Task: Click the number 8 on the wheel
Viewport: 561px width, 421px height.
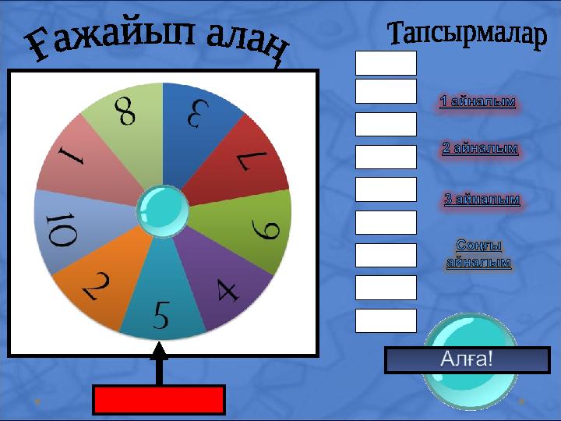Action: pos(125,111)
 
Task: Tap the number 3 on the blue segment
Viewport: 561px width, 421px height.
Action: pos(198,114)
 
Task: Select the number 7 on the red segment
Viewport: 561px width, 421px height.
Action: pos(252,160)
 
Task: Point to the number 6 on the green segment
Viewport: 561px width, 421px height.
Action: pos(265,230)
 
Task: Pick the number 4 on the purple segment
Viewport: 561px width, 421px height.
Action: pos(228,290)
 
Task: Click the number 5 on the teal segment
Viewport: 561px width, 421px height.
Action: pos(161,315)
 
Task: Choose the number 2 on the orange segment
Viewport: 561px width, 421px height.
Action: pos(96,285)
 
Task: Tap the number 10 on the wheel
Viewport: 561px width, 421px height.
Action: pos(62,229)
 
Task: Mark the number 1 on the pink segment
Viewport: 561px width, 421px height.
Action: pos(71,157)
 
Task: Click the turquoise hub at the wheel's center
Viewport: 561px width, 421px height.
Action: pos(163,211)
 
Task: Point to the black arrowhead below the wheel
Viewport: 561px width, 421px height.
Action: pos(159,350)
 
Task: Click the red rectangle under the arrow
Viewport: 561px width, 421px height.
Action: pos(159,400)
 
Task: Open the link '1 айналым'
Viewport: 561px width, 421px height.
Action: pos(478,101)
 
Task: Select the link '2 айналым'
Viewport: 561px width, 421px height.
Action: pos(480,148)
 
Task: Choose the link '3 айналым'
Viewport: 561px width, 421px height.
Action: pos(482,199)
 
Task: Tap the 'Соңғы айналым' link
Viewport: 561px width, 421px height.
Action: pos(478,253)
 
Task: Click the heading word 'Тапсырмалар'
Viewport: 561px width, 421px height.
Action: pos(467,34)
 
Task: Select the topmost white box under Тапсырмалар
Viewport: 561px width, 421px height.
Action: pos(386,63)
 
